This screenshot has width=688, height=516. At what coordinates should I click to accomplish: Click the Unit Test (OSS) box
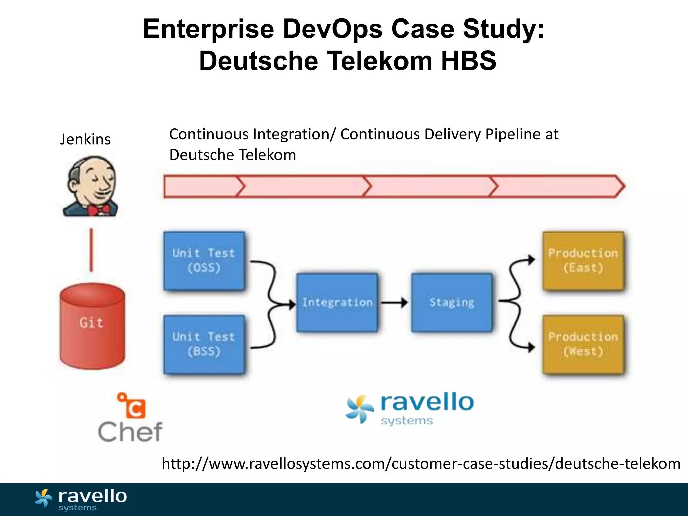point(204,261)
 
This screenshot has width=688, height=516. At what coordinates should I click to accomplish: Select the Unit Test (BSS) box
point(204,344)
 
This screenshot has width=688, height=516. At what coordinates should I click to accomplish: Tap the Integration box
point(337,303)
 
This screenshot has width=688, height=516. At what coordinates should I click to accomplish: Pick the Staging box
point(452,303)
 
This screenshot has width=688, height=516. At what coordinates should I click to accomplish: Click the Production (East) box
point(583,261)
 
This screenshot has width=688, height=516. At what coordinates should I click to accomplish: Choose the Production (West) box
point(583,344)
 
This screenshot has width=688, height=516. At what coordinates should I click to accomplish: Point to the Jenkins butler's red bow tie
point(99,210)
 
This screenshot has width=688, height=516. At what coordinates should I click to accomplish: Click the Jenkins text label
point(85,139)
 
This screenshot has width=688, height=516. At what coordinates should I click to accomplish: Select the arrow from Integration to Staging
point(394,303)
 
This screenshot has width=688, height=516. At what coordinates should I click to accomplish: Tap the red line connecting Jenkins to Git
point(91,250)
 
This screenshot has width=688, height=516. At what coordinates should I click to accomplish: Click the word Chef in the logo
point(130,432)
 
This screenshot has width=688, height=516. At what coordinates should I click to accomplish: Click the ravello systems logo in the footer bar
point(81,500)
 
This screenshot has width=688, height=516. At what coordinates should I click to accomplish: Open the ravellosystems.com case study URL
point(421,464)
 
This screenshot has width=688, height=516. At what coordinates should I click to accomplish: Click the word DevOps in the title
point(332,29)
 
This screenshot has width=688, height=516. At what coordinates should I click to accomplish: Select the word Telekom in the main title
point(380,61)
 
